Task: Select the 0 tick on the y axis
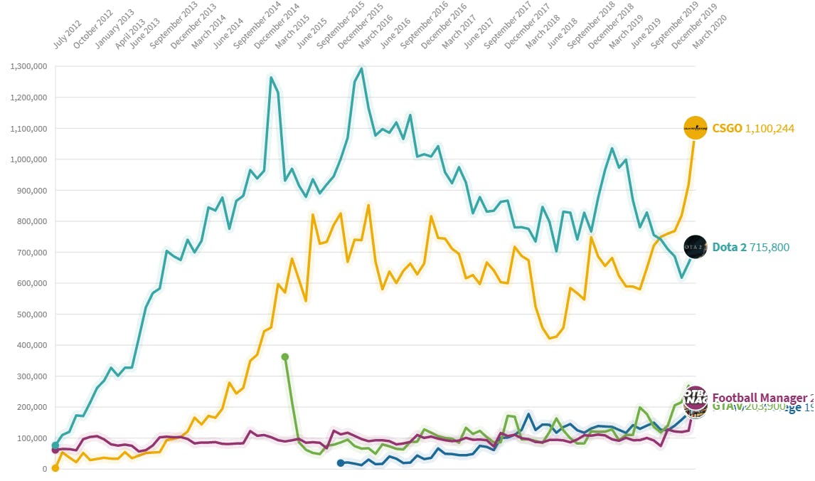(x=43, y=469)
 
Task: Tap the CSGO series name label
(x=727, y=129)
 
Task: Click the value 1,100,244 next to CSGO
(x=769, y=129)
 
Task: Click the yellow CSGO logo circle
(x=695, y=128)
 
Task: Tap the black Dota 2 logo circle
(x=695, y=247)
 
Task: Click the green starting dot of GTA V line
(x=285, y=356)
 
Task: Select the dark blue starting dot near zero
(x=341, y=463)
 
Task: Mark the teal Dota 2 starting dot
(x=55, y=445)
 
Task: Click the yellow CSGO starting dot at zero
(x=55, y=467)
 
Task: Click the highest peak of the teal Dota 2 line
(x=361, y=69)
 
